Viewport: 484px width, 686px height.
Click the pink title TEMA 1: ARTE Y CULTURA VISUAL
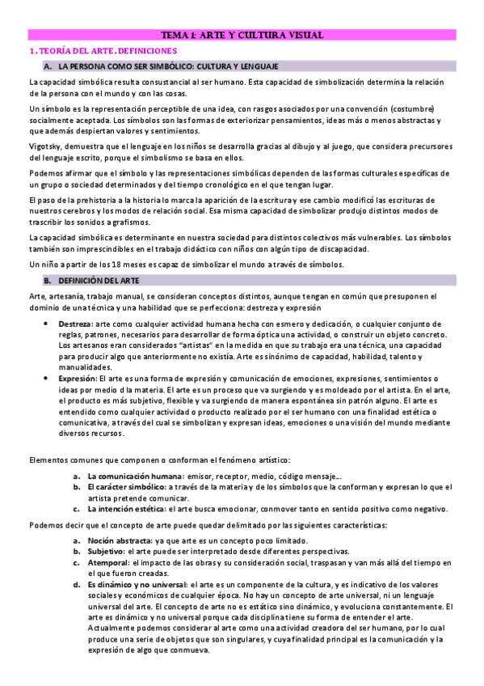click(x=242, y=35)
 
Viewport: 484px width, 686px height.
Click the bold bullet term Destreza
click(x=74, y=324)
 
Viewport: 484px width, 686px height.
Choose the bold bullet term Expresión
click(x=77, y=379)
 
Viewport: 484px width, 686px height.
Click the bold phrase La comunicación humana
click(x=135, y=476)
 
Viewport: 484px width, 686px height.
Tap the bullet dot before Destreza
click(x=44, y=324)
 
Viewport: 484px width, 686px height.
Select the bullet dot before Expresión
click(x=44, y=379)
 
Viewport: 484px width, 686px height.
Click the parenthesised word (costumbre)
click(x=412, y=108)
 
